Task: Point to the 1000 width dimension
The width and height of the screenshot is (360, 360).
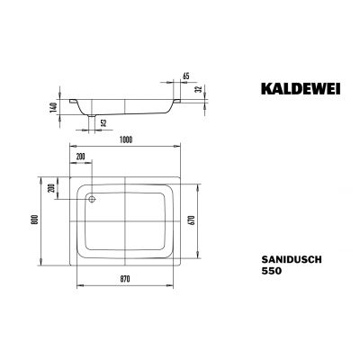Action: [131, 137]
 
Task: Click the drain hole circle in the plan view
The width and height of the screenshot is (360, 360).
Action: [90, 193]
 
